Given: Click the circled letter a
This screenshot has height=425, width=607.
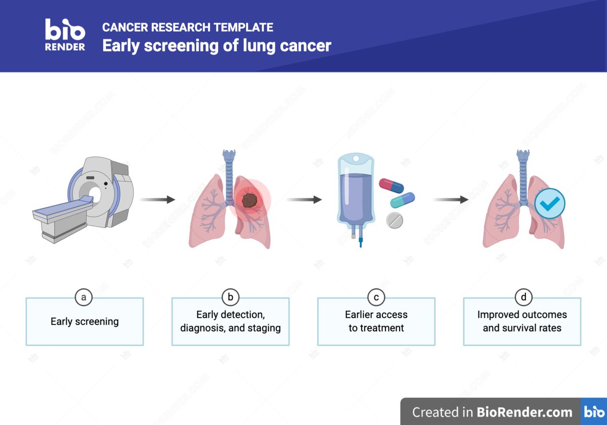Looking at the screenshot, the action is coord(84,297).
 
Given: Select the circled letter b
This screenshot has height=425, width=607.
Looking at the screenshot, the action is coord(230,297).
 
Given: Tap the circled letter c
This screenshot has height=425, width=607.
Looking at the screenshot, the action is coord(376,297).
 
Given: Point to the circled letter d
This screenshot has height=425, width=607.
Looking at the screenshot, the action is coord(522,297).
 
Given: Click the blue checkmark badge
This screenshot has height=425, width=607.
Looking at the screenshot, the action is coord(550,203).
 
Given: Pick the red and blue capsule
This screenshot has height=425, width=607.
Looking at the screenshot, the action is coord(392,185).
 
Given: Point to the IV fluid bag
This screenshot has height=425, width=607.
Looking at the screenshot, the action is coord(356,192).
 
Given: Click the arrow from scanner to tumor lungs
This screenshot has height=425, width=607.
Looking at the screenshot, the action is coord(157,200).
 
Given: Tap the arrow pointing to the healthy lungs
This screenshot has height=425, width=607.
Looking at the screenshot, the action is coord(450,200).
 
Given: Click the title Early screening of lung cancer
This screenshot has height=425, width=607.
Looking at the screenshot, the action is coord(216,46).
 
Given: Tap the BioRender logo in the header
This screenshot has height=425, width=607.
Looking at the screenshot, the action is coord(65,34).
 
